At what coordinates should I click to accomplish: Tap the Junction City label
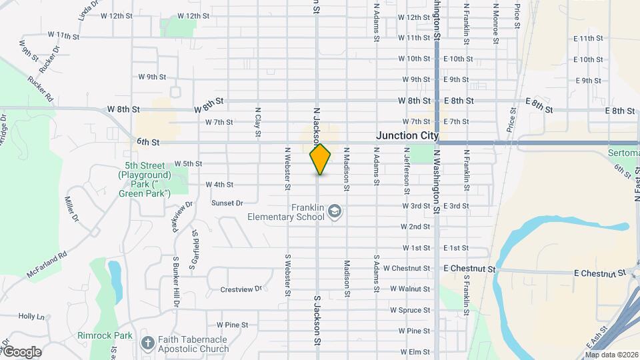tap(407, 135)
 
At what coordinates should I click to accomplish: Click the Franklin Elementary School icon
tap(335, 212)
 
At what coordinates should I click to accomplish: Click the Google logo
tap(21, 351)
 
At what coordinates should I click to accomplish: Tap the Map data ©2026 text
tap(611, 355)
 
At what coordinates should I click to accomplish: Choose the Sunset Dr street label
tap(226, 203)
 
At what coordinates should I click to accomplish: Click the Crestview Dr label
tap(242, 289)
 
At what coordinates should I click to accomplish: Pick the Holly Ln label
tap(31, 316)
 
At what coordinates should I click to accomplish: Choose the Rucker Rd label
tap(40, 87)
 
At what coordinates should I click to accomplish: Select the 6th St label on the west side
tap(149, 142)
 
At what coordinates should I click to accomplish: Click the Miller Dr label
tap(72, 209)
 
